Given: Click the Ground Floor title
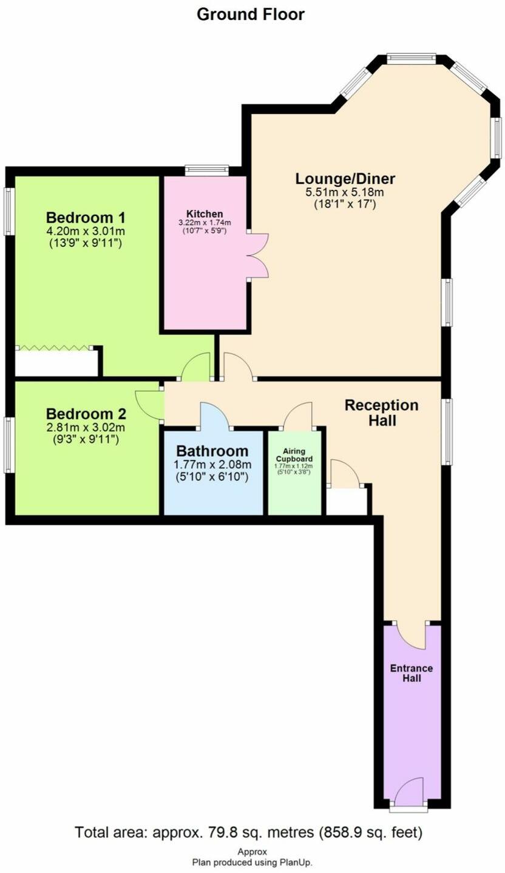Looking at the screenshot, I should [251, 14].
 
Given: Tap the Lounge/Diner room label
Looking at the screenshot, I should [345, 179].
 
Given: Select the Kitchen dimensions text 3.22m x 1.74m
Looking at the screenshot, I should [205, 223].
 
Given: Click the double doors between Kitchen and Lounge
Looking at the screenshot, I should [257, 255].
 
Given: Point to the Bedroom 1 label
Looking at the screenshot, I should [86, 217].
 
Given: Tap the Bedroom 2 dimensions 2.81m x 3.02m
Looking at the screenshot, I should [86, 427].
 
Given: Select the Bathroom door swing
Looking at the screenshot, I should [214, 416].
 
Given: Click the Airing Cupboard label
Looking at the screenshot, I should [294, 455].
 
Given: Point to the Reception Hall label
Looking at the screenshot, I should [381, 413].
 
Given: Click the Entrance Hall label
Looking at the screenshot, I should [412, 673].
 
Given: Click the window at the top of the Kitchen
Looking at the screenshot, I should [206, 170].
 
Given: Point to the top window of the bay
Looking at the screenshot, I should [412, 59].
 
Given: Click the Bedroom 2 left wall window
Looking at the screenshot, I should [9, 444].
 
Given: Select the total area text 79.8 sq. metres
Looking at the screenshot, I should [248, 832].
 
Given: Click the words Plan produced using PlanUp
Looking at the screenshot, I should [252, 862].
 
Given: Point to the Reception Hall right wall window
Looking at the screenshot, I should [447, 431].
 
